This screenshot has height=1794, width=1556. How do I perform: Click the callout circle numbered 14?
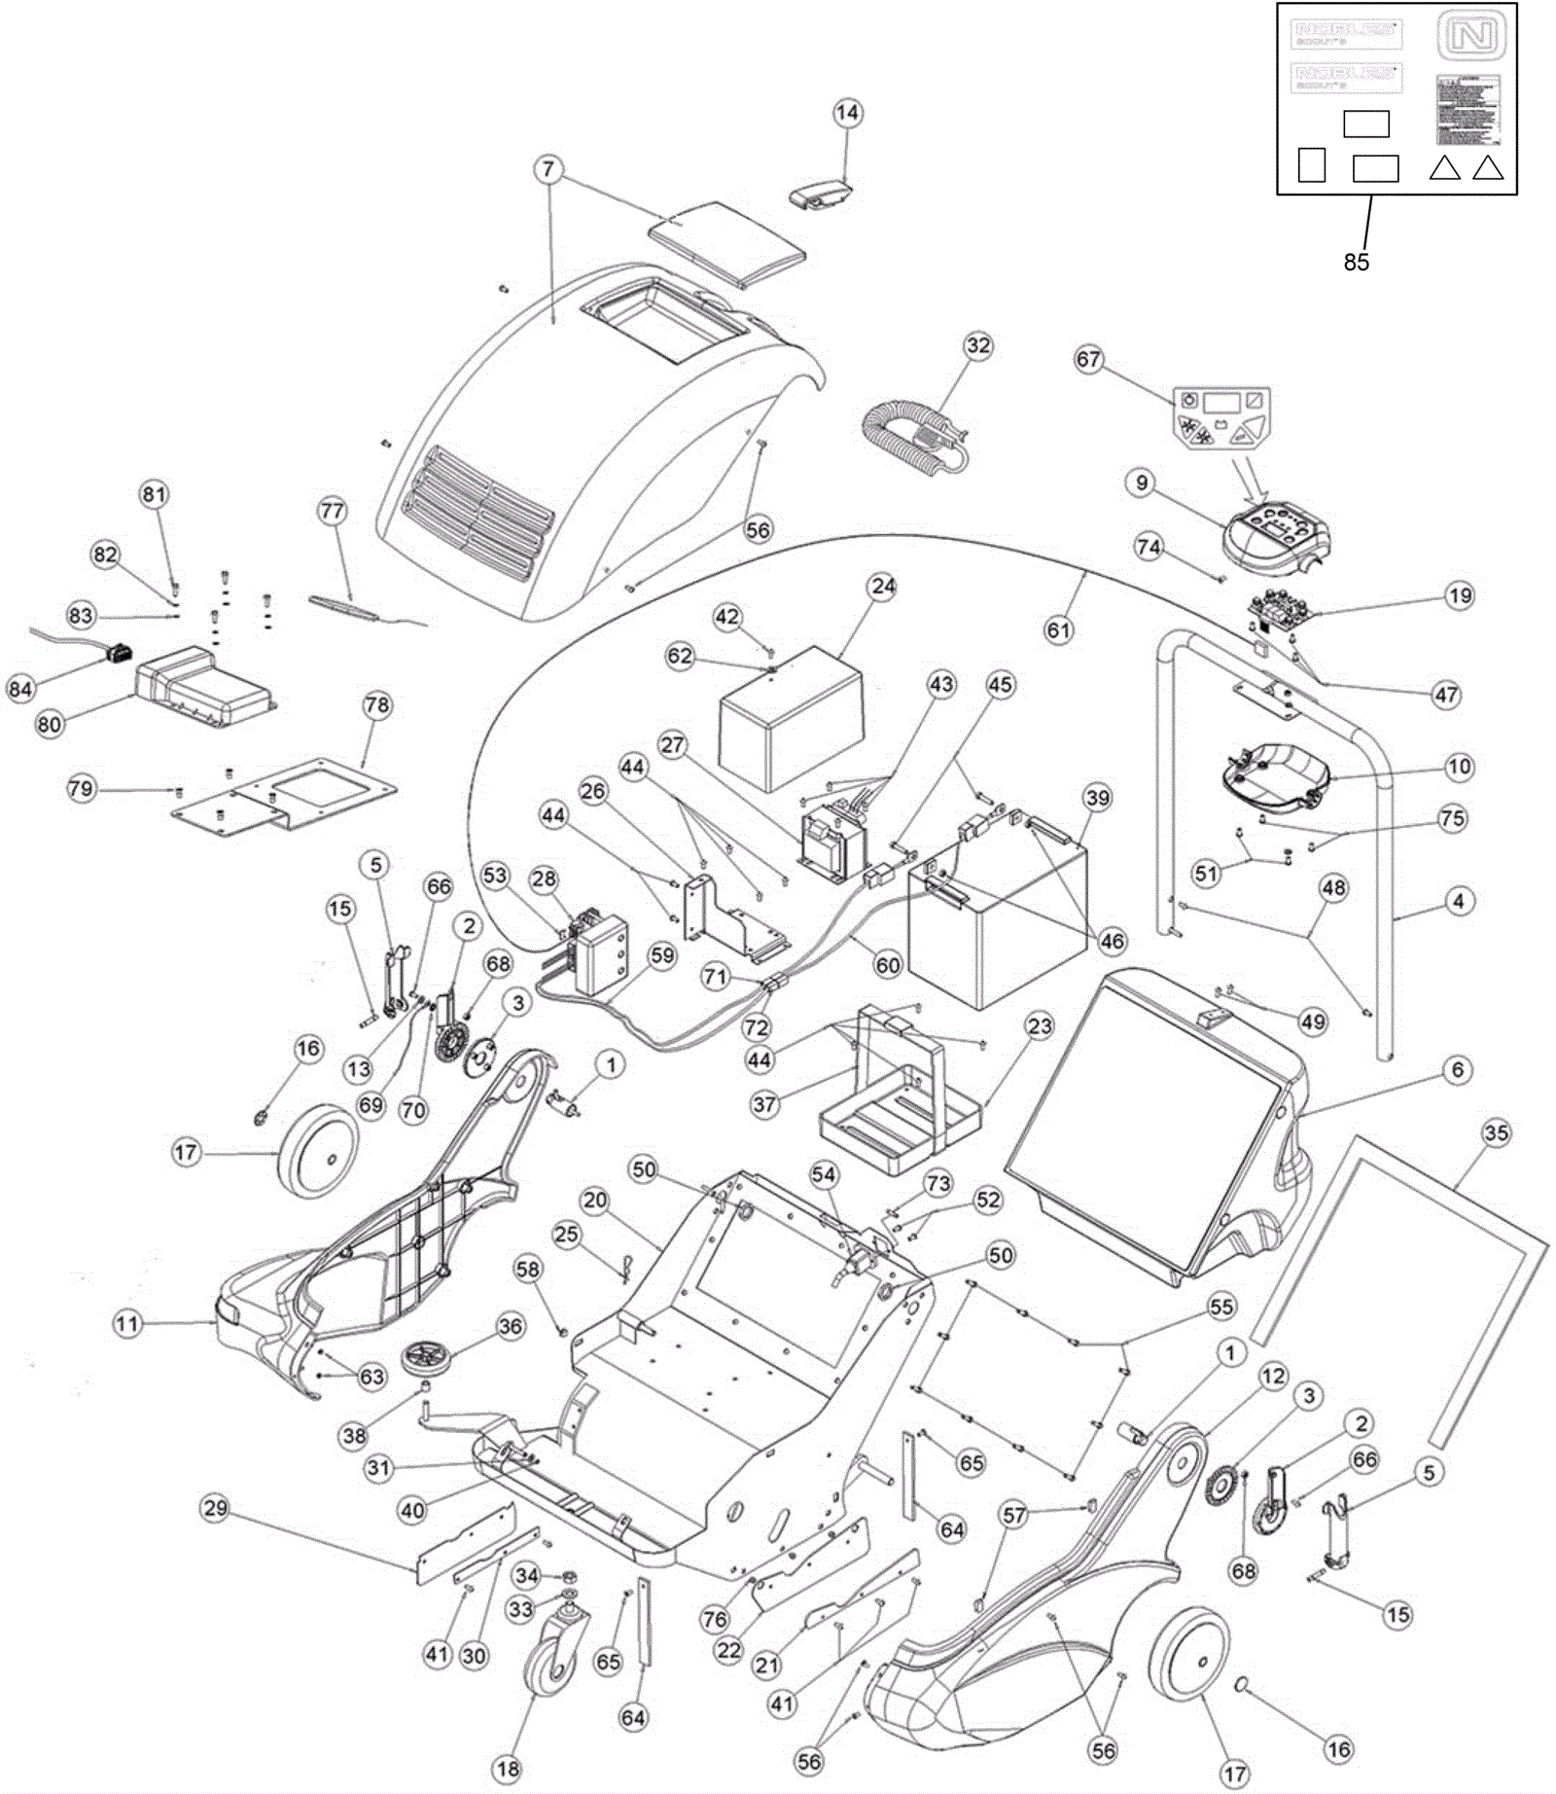coord(847,113)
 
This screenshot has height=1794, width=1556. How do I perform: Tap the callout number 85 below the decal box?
coord(1356,262)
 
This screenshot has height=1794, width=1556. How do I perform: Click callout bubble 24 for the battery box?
coord(883,587)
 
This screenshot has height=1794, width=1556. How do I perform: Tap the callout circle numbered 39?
coord(1097,798)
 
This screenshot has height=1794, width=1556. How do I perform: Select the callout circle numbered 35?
coord(1496,1132)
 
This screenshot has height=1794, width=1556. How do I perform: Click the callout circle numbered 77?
coord(333,511)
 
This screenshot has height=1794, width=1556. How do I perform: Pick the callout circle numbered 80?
coord(49,724)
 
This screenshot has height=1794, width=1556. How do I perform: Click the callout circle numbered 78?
coord(377,705)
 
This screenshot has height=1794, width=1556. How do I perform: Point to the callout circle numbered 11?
coord(127,1324)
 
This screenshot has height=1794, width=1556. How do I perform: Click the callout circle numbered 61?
coord(1058,630)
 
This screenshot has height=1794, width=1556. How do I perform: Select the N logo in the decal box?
coord(1471,37)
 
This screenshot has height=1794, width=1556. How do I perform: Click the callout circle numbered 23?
coord(1040,1026)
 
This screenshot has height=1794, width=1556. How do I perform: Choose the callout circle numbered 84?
coord(20,689)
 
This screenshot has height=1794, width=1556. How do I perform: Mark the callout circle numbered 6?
coord(1457,1070)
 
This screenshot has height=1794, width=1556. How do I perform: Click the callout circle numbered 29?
coord(216,1509)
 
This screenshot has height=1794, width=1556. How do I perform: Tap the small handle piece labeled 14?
coord(818,196)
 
